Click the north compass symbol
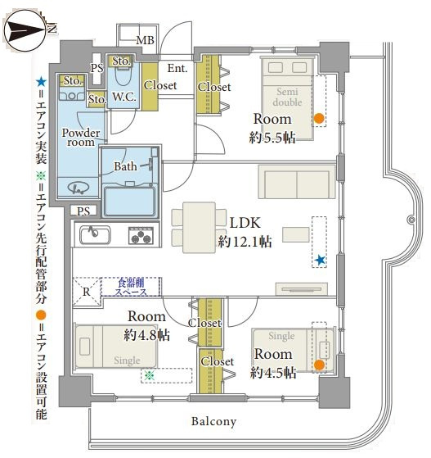coord(26,30)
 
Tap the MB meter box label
coord(146,40)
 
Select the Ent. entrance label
coord(177,68)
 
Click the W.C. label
coord(124,97)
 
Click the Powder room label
coord(81,138)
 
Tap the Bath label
coord(125,166)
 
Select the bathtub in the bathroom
coord(130,202)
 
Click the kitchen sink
coord(95,235)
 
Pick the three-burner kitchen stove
coord(141,235)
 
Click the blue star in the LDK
coord(321,260)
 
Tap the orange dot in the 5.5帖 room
coord(319,118)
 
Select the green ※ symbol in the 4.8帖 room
coord(150,375)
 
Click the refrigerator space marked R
coord(87,292)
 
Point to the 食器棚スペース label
coord(131,287)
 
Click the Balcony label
coord(213,421)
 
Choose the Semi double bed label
coord(287,97)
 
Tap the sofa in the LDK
coord(297,182)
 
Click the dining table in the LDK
coord(200,227)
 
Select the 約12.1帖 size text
coord(245,241)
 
